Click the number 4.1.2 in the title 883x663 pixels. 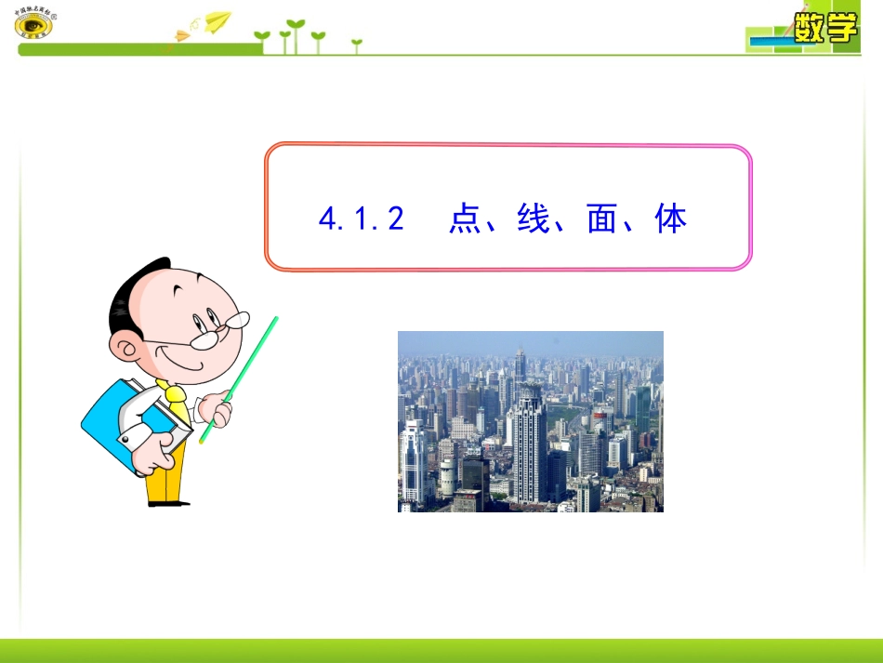tap(362, 219)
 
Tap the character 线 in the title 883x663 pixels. tap(533, 219)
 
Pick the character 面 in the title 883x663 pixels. tap(602, 219)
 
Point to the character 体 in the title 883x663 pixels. tap(671, 219)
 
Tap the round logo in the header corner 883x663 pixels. tap(34, 25)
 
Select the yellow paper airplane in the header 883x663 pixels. tap(217, 20)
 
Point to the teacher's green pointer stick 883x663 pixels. tap(244, 373)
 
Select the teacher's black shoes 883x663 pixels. tap(167, 502)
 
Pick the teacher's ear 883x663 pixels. tap(125, 349)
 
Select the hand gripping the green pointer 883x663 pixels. tap(217, 405)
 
